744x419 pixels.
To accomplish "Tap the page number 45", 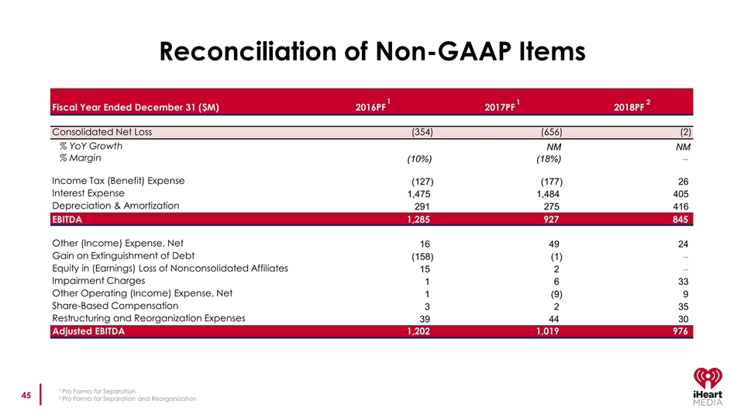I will [x=26, y=396].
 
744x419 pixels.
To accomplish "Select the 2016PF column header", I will [x=370, y=106].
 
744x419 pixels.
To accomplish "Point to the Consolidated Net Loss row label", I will [x=102, y=131].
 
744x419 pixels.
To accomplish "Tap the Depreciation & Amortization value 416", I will [x=680, y=206].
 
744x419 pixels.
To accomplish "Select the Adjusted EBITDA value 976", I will [x=678, y=331].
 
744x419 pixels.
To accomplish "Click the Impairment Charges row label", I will [x=98, y=280].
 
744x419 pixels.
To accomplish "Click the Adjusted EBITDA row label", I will [x=88, y=331].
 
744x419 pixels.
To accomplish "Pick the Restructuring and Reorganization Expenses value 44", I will [x=552, y=319].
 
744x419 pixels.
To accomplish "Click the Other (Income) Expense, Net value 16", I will [x=425, y=244].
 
